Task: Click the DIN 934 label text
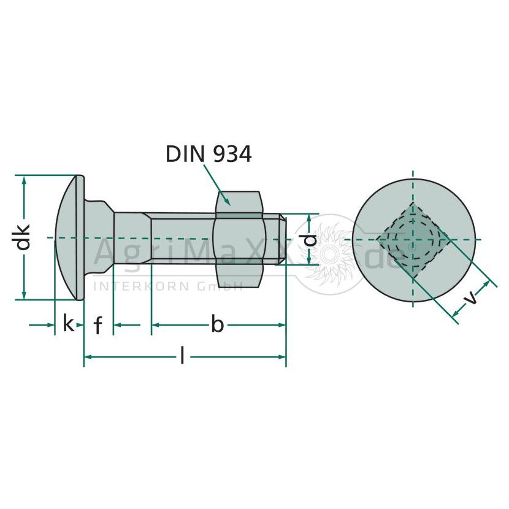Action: (209, 154)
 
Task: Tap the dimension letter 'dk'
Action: (23, 237)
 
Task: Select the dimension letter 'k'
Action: (68, 323)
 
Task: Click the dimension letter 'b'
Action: (218, 323)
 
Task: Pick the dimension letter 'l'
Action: (182, 355)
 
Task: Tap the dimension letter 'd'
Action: (311, 240)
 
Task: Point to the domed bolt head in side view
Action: (69, 237)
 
